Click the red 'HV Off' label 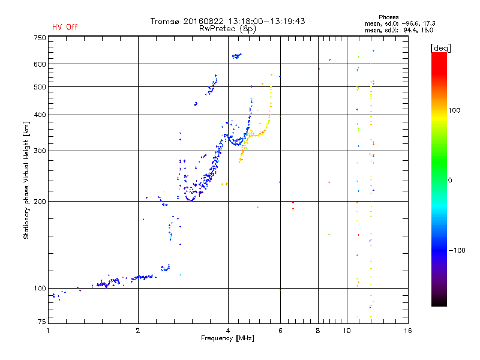click(x=65, y=27)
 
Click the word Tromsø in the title click(x=164, y=21)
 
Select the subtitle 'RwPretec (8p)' click(x=227, y=29)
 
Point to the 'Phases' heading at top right click(x=388, y=17)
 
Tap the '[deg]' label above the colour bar click(x=440, y=48)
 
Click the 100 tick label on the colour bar click(x=454, y=110)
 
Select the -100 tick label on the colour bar click(x=457, y=250)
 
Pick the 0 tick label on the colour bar click(x=450, y=181)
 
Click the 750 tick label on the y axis click(x=40, y=38)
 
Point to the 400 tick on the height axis click(x=40, y=115)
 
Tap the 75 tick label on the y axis click(x=41, y=322)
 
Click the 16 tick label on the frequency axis click(x=408, y=331)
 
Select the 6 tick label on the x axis click(x=280, y=331)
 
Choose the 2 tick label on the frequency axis click(x=138, y=331)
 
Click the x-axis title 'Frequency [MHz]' click(x=227, y=338)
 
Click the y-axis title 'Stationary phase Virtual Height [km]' click(x=26, y=180)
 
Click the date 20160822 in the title click(x=203, y=21)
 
